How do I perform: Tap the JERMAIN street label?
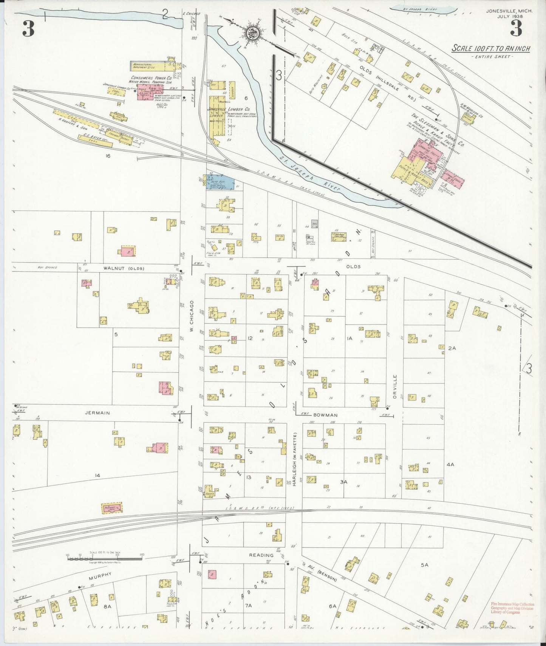[97, 413]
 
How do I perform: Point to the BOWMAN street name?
[325, 415]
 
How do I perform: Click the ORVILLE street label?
[395, 386]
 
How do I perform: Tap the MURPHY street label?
[100, 576]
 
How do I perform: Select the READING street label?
[261, 555]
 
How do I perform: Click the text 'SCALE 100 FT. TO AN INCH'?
[491, 49]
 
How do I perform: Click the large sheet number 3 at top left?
[28, 29]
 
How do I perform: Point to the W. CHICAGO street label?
[192, 316]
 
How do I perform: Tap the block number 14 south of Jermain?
[97, 475]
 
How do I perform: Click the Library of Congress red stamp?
[512, 608]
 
